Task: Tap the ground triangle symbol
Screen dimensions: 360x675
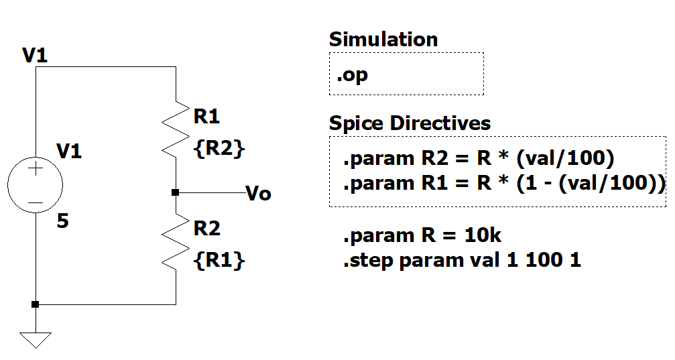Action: point(36,339)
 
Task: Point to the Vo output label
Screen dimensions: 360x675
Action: point(259,194)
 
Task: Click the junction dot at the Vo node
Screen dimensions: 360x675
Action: point(175,192)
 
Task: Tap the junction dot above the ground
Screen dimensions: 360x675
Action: point(36,304)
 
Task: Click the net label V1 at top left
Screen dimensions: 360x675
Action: point(35,55)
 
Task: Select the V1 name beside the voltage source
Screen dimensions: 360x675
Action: point(69,152)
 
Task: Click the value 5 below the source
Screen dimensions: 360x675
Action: point(62,221)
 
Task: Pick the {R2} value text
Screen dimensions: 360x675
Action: point(219,149)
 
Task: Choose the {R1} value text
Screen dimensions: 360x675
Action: point(219,260)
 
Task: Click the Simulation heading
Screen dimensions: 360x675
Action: point(383,40)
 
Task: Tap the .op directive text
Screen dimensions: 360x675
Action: point(353,74)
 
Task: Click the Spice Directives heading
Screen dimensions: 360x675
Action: point(410,123)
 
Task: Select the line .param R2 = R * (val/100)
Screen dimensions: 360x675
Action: point(479,160)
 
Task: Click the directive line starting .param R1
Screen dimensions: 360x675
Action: point(503,183)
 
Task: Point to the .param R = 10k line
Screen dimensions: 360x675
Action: point(422,236)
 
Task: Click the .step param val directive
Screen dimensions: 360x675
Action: point(462,260)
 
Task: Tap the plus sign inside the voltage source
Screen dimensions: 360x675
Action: point(36,170)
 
